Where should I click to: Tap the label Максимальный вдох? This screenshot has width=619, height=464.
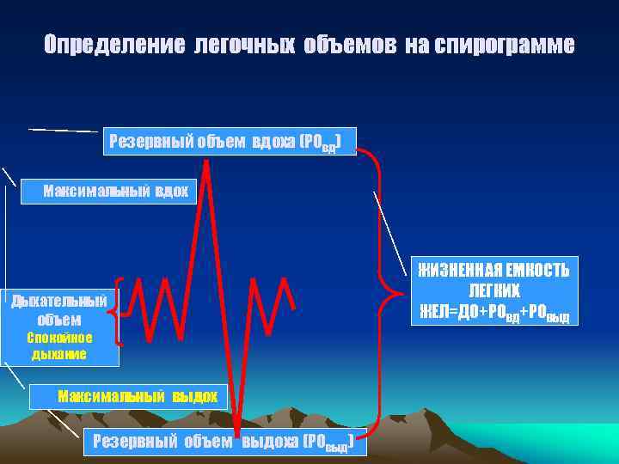pos(115,190)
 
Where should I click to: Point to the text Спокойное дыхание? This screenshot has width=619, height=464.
pos(58,345)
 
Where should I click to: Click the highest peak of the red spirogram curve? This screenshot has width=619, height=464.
pos(206,164)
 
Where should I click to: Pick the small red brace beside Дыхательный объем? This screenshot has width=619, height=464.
pos(120,310)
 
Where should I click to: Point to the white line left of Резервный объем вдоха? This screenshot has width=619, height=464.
pos(64,130)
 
